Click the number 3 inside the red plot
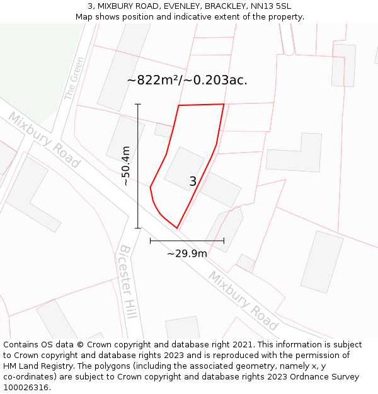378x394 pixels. tap(193, 182)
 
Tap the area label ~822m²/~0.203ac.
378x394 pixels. tap(187, 80)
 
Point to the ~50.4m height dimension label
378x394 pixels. tap(126, 166)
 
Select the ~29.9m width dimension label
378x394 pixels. tap(187, 253)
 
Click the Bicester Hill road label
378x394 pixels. tap(128, 282)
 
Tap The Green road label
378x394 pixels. tap(74, 78)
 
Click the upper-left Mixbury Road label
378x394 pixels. tap(44, 140)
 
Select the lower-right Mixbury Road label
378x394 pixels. tap(243, 301)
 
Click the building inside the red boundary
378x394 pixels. tap(184, 168)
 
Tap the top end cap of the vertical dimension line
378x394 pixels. tap(138, 105)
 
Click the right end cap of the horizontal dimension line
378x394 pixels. tap(224, 240)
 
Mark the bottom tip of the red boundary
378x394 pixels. tap(177, 228)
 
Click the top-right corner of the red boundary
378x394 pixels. tap(224, 104)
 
